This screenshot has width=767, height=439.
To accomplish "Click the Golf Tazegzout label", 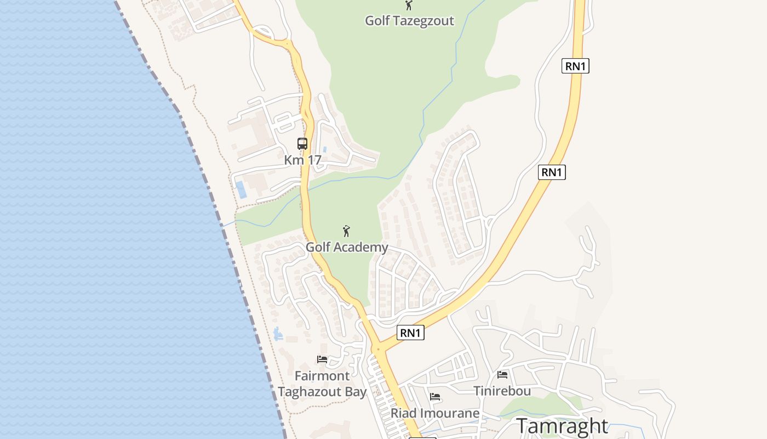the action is point(409,21).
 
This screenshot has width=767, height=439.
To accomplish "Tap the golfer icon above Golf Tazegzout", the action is point(408,5).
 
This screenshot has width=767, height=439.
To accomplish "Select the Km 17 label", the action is point(302,160).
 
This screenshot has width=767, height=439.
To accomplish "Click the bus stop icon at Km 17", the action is point(302,144).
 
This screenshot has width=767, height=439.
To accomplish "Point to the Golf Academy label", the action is point(347,247).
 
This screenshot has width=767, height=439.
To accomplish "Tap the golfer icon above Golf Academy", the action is point(346,231).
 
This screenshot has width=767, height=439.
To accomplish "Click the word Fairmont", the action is point(322,376).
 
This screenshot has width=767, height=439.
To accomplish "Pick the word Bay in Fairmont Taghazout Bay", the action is point(356,392).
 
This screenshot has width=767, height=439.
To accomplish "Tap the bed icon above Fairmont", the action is point(322,359).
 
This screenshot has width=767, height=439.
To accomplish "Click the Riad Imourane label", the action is point(435,413).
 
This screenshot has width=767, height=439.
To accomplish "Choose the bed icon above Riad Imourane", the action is point(435,396).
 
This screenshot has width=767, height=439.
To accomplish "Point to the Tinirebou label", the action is point(502,391).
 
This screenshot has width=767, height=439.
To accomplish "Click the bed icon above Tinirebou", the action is point(502,375).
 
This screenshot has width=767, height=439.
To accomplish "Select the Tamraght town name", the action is point(562,426).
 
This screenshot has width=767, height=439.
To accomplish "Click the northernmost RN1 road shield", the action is point(575,66).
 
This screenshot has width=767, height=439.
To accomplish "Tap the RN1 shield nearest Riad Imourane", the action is point(410,333).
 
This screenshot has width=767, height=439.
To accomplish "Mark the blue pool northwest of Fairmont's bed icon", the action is point(278,333).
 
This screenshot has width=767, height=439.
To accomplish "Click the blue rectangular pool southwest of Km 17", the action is point(241,190).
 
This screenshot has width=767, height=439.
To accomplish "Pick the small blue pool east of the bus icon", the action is point(325,149).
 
